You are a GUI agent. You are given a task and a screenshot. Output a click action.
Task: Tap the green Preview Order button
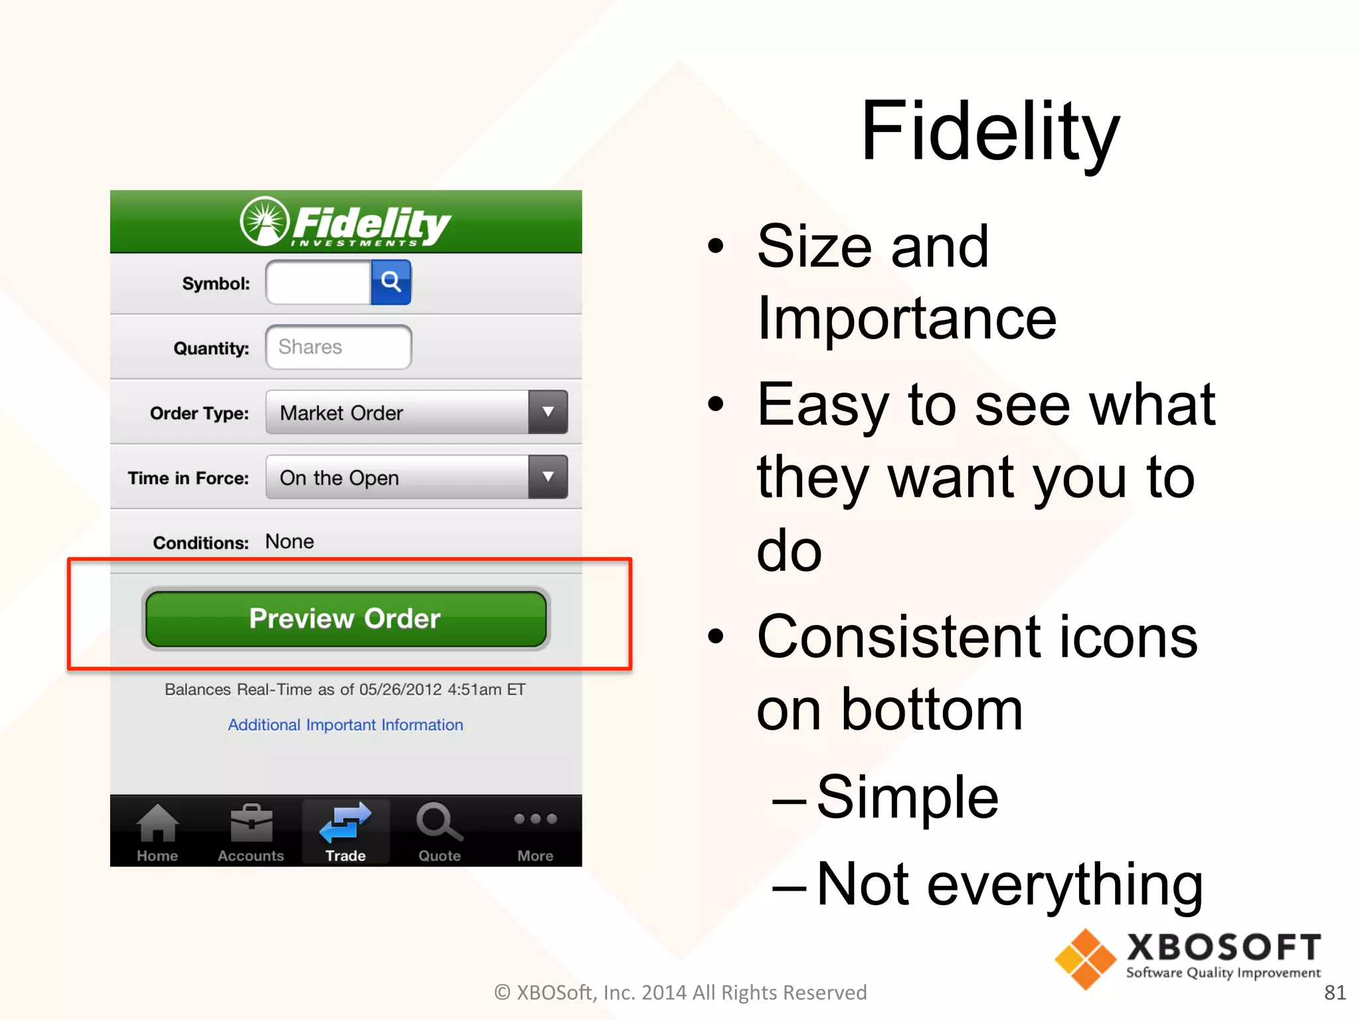pos(345,618)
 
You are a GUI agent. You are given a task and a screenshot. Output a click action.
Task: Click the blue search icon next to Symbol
pos(390,282)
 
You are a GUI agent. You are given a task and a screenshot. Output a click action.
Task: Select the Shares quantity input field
pos(338,347)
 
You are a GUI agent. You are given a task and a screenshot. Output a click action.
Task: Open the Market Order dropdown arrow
pos(548,412)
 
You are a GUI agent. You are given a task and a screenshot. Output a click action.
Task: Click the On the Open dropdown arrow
pos(548,477)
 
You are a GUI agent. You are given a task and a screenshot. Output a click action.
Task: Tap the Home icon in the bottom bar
pos(157,823)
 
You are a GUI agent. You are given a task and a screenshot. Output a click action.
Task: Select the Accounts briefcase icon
pos(251,823)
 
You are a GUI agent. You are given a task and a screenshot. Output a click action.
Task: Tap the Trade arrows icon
pos(345,822)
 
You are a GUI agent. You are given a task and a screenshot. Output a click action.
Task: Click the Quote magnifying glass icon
pos(438,822)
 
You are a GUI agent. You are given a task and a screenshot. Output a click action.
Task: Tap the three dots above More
pos(535,819)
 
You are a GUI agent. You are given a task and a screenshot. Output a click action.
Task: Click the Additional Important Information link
pos(345,724)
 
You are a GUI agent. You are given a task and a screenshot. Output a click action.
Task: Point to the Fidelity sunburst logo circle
pos(264,222)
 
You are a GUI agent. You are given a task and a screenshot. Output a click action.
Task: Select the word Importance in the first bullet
pos(906,319)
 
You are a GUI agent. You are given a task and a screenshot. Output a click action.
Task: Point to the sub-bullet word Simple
pos(907,797)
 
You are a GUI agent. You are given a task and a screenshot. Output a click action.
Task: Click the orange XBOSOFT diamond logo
pos(1085,959)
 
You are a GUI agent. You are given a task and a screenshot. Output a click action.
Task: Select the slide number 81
pos(1334,992)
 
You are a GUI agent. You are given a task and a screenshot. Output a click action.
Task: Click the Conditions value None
pos(290,542)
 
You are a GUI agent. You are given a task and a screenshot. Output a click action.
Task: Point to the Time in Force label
pos(188,478)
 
